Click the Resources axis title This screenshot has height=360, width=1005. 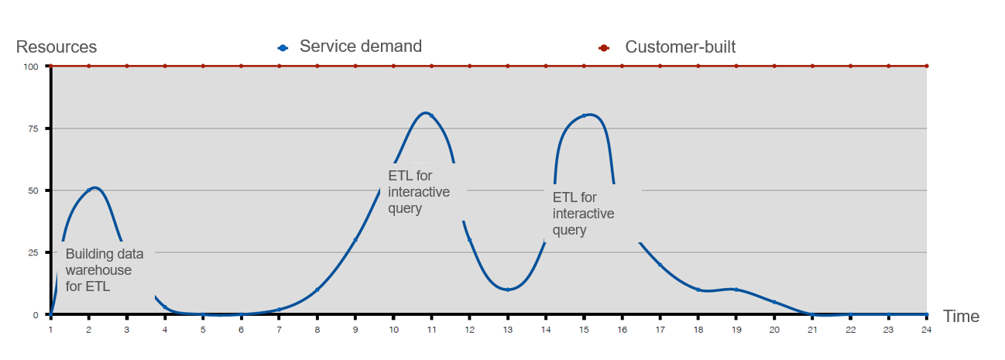[57, 46]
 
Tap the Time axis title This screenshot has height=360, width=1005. [961, 317]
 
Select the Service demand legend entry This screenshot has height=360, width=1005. [350, 46]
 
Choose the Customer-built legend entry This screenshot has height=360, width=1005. [667, 46]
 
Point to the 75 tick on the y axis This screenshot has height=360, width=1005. [33, 129]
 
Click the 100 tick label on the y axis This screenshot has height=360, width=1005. [31, 67]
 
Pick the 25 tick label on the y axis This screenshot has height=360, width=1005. [33, 252]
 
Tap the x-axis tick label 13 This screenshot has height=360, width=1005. [507, 330]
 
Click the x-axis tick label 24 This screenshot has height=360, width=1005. [927, 330]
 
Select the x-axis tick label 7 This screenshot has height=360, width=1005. [279, 330]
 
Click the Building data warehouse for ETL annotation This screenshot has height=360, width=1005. [105, 270]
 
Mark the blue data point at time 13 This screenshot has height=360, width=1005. [507, 290]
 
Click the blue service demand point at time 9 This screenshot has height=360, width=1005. [355, 240]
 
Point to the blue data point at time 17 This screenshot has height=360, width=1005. [660, 265]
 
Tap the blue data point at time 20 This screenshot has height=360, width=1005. [774, 302]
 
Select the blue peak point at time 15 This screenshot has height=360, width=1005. [584, 116]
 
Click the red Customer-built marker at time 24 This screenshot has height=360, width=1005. [927, 66]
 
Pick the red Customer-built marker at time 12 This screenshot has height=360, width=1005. [470, 66]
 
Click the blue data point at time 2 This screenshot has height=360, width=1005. [89, 190]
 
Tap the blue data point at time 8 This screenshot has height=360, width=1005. [317, 290]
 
